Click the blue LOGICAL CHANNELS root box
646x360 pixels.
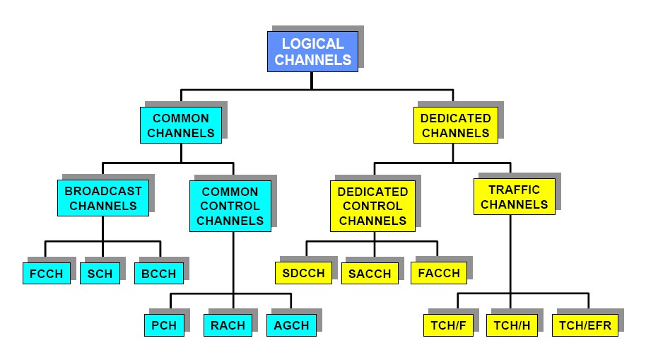point(312,52)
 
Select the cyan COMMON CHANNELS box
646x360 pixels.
point(181,125)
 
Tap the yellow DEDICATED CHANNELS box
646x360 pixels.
point(455,125)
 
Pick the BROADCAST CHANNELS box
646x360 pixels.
point(103,198)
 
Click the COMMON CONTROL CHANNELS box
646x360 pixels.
point(230,206)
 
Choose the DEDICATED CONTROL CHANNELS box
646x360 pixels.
point(372,206)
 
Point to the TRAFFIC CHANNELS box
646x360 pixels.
point(514,197)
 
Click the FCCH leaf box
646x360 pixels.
point(47,274)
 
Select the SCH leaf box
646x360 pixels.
point(100,274)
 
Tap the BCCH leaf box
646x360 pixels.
point(159,274)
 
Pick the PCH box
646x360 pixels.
point(163,325)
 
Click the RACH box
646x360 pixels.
point(228,325)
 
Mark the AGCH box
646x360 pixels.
point(290,325)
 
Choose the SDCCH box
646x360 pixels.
point(304,274)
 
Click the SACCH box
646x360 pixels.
point(370,274)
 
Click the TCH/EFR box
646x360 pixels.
point(585,325)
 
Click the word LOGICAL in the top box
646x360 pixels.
point(312,44)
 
